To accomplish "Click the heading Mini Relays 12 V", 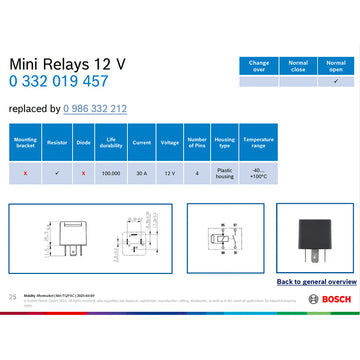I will [x=67, y=63].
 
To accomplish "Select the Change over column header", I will [x=258, y=65].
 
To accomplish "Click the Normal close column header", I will [x=297, y=65].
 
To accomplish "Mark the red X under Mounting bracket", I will [x=26, y=173].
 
